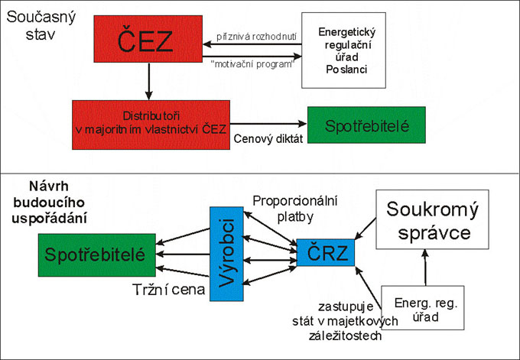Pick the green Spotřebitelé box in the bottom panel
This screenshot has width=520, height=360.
click(96, 253)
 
